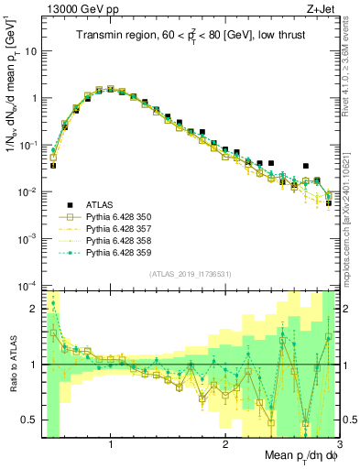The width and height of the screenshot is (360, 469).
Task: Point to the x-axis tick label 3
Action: [x=338, y=444]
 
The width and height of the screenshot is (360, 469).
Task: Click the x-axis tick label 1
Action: [x=111, y=444]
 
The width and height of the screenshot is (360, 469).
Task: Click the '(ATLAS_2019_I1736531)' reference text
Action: [x=190, y=274]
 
